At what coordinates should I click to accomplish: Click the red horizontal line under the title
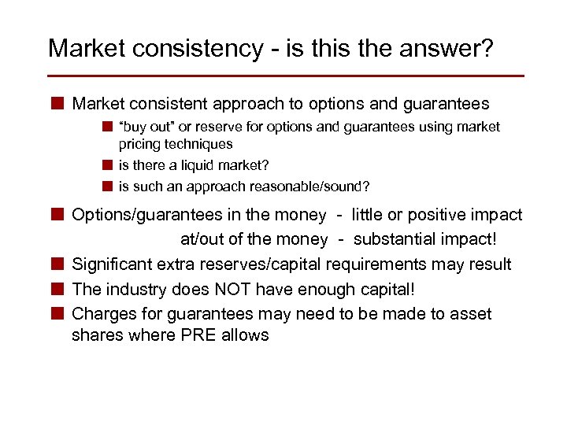point(285,76)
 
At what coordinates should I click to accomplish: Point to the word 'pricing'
point(139,144)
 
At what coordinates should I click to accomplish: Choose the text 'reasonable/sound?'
point(309,187)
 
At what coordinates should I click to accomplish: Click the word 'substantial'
point(399,239)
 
